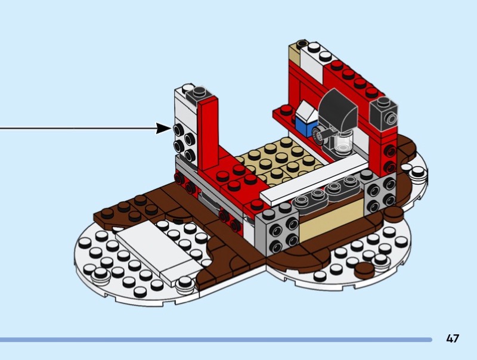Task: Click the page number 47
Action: [x=453, y=339]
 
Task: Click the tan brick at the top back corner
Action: [x=294, y=57]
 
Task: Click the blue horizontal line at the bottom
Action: [x=215, y=340]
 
